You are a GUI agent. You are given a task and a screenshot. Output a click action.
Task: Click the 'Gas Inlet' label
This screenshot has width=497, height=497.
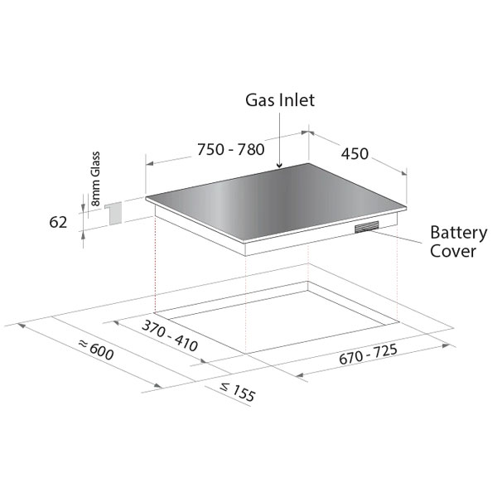280,100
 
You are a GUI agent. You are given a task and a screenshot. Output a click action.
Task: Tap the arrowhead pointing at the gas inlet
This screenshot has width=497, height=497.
279,165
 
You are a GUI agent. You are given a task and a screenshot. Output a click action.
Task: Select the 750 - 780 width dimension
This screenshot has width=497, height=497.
231,150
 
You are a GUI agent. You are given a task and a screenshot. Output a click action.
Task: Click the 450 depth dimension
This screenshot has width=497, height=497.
355,154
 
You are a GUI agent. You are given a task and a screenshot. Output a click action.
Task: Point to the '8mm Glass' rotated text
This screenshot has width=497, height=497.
95,179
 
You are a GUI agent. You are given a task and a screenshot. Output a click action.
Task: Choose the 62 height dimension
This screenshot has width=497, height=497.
58,222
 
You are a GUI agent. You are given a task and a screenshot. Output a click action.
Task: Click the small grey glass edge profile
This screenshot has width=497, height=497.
113,214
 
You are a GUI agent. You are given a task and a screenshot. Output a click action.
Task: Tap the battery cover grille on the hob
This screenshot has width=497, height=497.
367,227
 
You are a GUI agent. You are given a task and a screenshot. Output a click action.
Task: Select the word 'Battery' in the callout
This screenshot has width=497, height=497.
458,233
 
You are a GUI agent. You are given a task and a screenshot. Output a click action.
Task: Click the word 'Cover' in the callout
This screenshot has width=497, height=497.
453,251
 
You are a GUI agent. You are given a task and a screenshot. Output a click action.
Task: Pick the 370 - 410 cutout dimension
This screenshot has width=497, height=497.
170,335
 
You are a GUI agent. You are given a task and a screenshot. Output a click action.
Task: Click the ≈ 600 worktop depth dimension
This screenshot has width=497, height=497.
96,350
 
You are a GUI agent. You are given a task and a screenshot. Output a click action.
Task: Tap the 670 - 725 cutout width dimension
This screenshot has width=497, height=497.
368,355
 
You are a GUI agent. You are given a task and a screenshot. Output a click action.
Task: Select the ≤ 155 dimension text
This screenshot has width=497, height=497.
238,393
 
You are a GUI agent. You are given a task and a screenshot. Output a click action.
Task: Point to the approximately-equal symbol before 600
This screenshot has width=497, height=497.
83,343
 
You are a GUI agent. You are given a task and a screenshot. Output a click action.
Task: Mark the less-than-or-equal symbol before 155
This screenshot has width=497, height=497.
224,387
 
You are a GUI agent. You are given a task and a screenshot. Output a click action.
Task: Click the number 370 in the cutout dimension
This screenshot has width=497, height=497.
153,328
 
